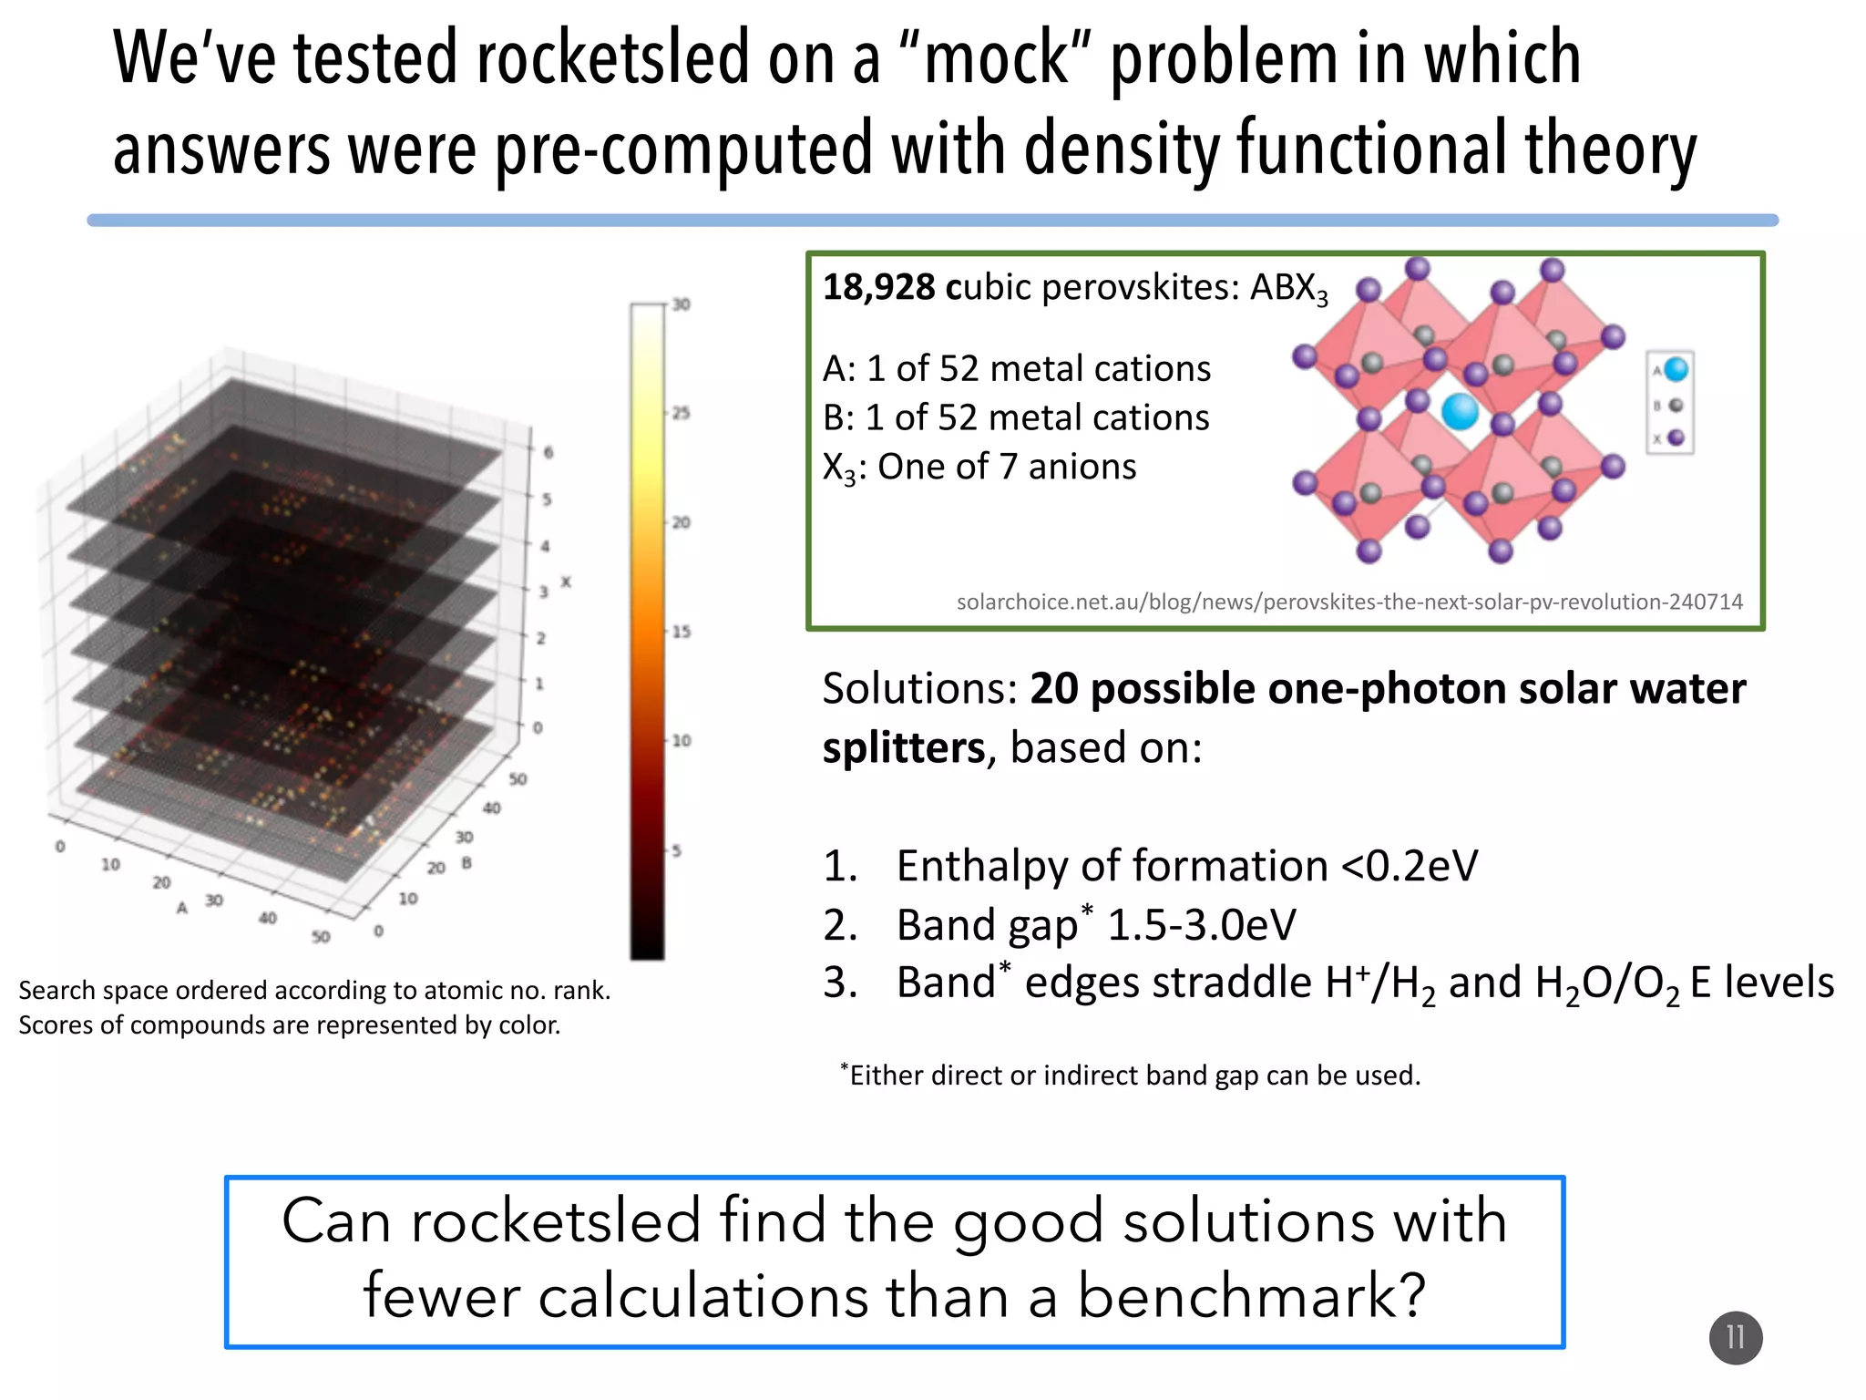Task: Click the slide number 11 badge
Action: coord(1735,1337)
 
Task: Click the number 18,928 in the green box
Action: coord(878,287)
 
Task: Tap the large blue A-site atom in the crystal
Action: coord(1460,411)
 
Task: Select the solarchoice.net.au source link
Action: coord(1349,602)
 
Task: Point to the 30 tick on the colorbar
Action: coord(682,304)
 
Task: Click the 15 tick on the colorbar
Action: coord(682,632)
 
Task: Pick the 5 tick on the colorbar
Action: coord(677,850)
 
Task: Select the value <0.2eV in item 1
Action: coord(1410,866)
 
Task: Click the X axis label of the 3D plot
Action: coord(566,582)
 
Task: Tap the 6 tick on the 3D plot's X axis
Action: coord(548,452)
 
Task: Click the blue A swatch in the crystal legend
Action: coord(1676,369)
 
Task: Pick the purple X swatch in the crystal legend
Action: coord(1676,438)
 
